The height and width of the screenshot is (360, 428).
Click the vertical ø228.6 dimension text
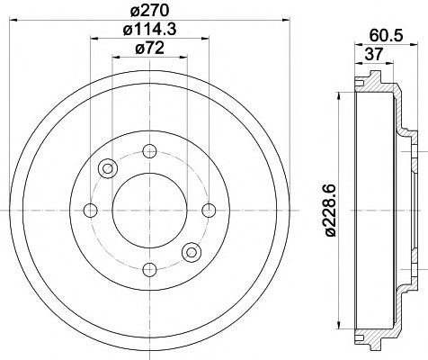(331, 208)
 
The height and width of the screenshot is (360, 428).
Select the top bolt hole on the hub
(149, 149)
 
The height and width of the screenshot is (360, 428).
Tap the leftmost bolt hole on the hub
(89, 211)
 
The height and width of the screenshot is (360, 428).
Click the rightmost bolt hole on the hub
(210, 211)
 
